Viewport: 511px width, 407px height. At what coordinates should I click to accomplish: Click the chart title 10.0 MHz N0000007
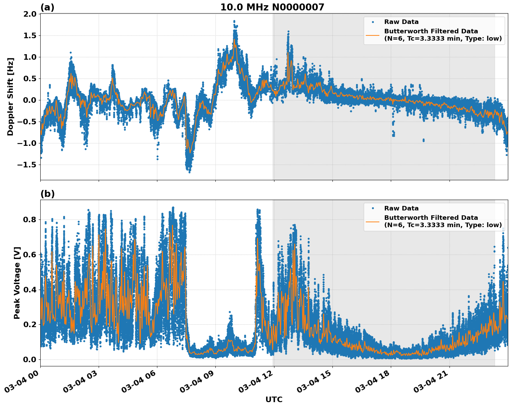pos(272,7)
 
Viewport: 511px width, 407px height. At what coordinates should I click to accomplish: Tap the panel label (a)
pos(47,7)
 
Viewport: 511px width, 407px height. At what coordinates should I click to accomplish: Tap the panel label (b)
pos(47,194)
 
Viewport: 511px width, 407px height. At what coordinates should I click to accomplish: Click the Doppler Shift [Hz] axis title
pos(10,97)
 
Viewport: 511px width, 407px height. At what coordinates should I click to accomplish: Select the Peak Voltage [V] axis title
pos(17,283)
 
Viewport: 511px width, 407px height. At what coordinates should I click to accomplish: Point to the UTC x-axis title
pos(274,399)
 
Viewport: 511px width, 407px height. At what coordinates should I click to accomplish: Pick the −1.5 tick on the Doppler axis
pos(28,165)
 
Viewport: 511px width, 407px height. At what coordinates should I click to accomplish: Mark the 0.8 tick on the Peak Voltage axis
pos(30,219)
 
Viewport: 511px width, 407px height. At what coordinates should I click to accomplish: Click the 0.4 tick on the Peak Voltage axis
pos(30,290)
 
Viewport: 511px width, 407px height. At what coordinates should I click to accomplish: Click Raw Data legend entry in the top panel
pos(401,22)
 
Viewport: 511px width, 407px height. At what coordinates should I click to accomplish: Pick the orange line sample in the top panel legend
pos(372,35)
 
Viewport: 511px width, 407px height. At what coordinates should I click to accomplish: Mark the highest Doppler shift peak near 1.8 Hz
pos(234,21)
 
